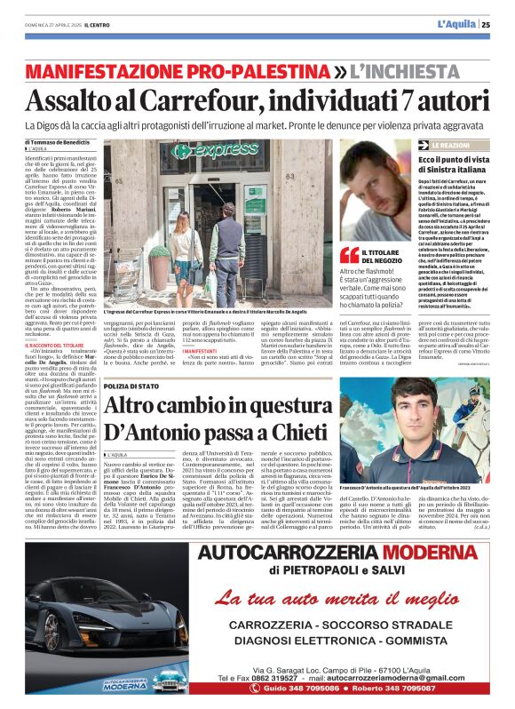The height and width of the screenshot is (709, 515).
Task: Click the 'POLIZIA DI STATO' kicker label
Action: coord(132,387)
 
